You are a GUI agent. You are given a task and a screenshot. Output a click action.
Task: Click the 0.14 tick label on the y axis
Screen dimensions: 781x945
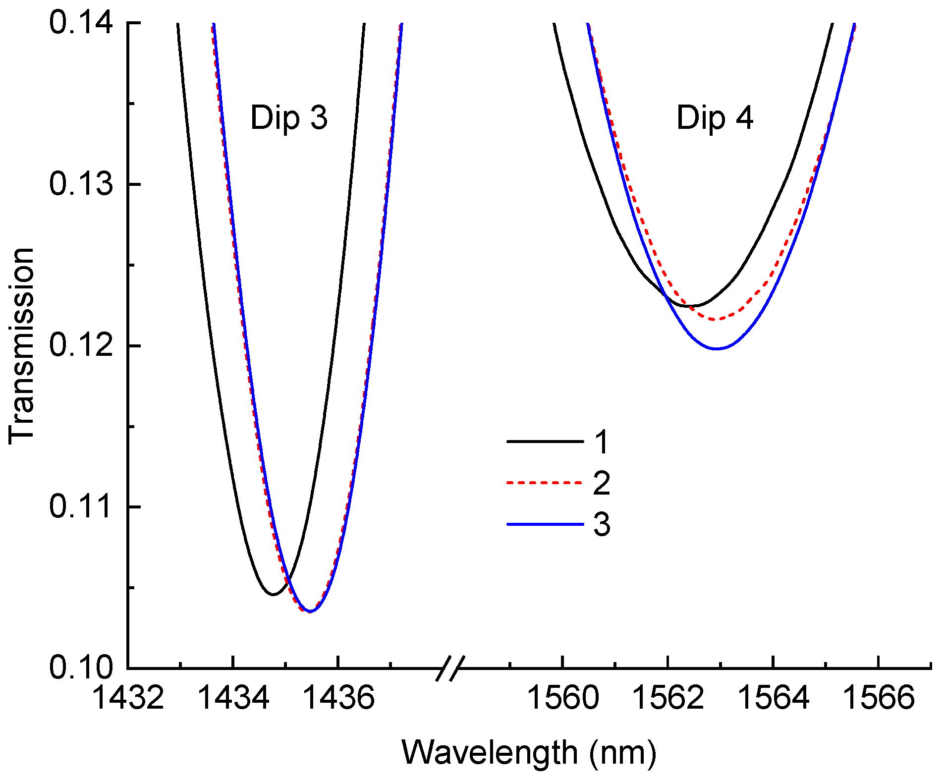click(x=81, y=23)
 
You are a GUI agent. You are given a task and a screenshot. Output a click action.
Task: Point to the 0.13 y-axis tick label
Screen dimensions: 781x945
click(x=81, y=184)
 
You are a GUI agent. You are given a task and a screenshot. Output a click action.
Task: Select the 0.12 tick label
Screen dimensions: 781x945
click(x=81, y=345)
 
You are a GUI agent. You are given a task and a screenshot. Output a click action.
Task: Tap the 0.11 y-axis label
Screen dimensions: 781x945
click(x=81, y=506)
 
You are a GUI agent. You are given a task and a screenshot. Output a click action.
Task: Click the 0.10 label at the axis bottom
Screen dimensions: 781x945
click(x=81, y=668)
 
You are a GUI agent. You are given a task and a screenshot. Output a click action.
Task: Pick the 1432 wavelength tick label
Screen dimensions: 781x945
click(x=128, y=698)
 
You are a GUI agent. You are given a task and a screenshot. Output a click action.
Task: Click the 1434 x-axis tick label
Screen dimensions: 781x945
click(x=233, y=698)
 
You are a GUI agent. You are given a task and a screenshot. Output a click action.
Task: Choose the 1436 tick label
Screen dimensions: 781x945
click(x=338, y=698)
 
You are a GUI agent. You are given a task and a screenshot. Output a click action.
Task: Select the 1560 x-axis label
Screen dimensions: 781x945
click(x=562, y=698)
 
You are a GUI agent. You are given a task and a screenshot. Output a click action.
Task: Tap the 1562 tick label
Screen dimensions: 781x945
click(x=667, y=698)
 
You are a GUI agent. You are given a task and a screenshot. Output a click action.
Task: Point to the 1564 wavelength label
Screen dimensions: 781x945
click(x=773, y=698)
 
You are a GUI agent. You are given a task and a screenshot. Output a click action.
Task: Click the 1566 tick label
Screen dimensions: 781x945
click(x=878, y=698)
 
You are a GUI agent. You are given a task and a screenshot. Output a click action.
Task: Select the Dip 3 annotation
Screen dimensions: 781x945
click(x=289, y=118)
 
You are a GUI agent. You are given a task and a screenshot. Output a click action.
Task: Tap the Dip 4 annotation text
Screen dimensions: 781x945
click(x=715, y=118)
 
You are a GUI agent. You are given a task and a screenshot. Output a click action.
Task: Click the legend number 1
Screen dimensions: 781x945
click(x=602, y=442)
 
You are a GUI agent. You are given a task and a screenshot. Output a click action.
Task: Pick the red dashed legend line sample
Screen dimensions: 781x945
click(x=545, y=482)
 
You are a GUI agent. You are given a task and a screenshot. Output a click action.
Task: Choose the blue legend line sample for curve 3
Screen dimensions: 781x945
click(x=545, y=524)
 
